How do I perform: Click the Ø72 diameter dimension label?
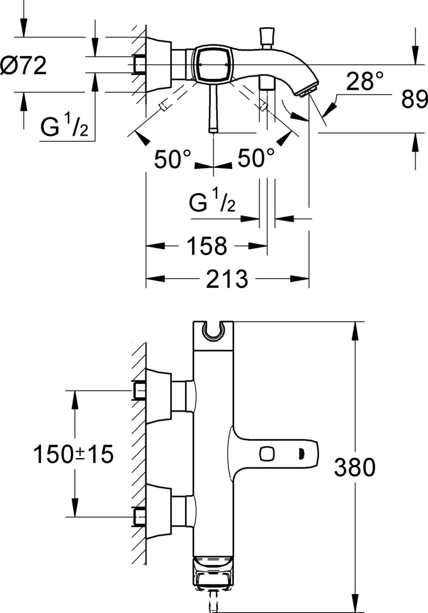(24, 67)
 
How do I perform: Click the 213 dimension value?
(225, 279)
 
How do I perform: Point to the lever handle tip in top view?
(213, 129)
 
